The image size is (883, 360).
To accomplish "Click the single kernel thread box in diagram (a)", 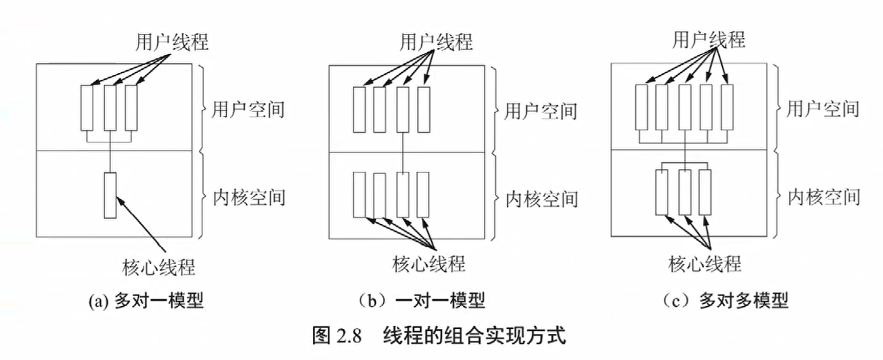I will point(110,195).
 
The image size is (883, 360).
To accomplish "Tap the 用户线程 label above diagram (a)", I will point(172,42).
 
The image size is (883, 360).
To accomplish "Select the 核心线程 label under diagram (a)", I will point(159,267).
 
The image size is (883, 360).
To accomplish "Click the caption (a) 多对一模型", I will point(146,301).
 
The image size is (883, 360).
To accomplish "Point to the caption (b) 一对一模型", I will point(421,301).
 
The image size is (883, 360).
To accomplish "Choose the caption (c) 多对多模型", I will point(725,301).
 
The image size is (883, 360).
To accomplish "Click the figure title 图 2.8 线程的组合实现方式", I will point(439,335).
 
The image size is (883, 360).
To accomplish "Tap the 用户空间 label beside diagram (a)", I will point(248,109).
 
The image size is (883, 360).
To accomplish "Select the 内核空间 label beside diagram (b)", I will point(542,199).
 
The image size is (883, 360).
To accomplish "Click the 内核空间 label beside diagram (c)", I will point(824,197).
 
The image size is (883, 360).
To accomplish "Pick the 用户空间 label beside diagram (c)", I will point(823,109).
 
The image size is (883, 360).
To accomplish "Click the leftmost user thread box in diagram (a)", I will point(87,108).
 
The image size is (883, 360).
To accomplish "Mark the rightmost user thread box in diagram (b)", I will point(423,110).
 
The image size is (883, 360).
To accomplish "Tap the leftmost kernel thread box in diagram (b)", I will point(359,195).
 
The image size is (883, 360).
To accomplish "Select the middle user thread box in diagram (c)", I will point(685,107).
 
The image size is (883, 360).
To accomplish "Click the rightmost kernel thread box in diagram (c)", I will point(705,192).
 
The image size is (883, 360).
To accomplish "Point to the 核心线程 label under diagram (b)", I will point(429,264).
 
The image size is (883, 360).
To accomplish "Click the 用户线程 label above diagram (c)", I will point(708,40).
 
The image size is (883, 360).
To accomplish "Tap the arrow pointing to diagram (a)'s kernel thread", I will point(142,225).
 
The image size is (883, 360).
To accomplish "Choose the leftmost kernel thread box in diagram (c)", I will point(662,192).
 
